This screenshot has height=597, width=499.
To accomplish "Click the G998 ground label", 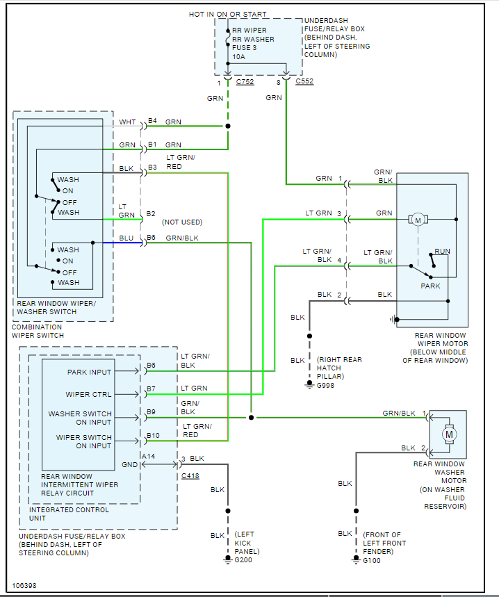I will [x=326, y=384].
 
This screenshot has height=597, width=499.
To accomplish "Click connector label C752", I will [x=245, y=82].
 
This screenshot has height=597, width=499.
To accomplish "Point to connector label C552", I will [x=304, y=82].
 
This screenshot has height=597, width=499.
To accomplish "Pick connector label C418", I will [x=190, y=476].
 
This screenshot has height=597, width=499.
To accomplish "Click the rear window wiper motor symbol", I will [x=418, y=220].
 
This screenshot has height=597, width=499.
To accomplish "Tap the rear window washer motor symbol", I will [x=449, y=434].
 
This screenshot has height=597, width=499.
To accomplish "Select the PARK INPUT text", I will [x=90, y=372].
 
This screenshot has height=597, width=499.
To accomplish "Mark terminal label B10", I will [x=153, y=435].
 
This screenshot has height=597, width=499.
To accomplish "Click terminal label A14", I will [x=148, y=457].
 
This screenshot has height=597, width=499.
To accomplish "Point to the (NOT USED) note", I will [x=182, y=222].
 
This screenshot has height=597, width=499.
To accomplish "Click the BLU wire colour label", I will [x=126, y=238].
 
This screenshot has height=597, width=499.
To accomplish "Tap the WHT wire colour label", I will [x=128, y=122].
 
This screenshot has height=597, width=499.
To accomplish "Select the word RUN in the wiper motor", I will [x=442, y=251].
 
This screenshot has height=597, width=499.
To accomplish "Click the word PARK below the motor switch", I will [x=431, y=286].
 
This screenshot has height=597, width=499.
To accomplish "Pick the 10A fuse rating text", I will [x=239, y=58].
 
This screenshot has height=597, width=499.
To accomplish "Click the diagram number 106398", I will [x=24, y=585].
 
